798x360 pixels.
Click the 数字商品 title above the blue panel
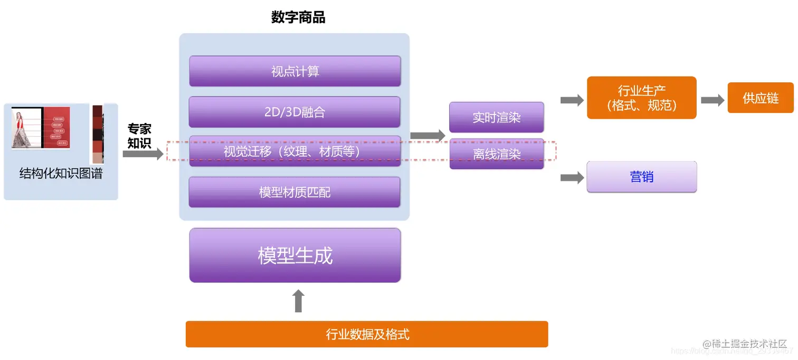click(x=298, y=18)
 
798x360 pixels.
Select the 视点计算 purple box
click(x=295, y=71)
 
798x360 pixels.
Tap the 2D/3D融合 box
click(x=294, y=112)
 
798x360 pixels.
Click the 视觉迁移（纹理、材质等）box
click(x=294, y=151)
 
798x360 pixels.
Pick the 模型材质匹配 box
click(x=294, y=192)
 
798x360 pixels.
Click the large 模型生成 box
click(x=295, y=255)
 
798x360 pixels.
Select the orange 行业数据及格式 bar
click(x=367, y=334)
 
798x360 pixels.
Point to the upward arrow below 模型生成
click(x=298, y=301)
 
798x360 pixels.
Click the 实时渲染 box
click(x=496, y=117)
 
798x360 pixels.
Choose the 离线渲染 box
click(x=496, y=154)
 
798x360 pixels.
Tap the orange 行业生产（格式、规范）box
click(x=641, y=98)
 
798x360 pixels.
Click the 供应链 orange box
click(x=760, y=98)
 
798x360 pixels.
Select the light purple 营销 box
click(x=641, y=177)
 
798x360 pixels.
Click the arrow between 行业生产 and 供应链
click(x=712, y=100)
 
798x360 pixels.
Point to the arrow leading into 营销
click(x=572, y=178)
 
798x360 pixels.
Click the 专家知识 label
click(x=139, y=136)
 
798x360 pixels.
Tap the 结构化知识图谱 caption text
click(x=61, y=174)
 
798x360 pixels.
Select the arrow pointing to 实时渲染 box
click(x=427, y=136)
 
